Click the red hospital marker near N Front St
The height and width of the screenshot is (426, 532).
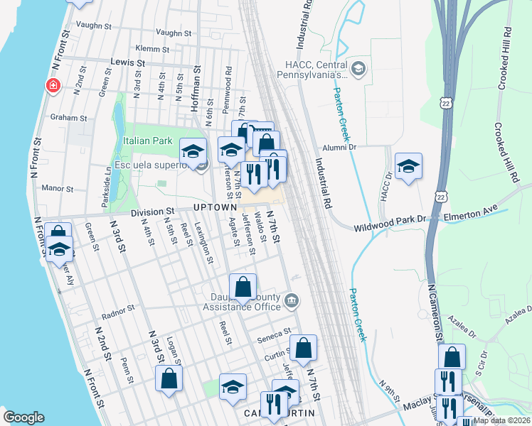(x=52, y=86)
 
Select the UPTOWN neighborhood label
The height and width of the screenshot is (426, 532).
(x=214, y=207)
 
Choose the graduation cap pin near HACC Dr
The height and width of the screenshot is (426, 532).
(x=408, y=166)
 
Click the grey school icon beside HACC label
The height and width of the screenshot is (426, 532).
(x=358, y=68)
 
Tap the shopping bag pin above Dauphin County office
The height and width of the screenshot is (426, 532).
(x=243, y=288)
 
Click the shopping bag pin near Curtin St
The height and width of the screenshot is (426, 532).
(x=303, y=348)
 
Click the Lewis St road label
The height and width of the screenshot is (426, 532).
(x=128, y=62)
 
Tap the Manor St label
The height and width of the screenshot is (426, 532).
(x=58, y=189)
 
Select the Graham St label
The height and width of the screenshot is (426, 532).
(x=68, y=118)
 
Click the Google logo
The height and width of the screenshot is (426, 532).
(x=23, y=417)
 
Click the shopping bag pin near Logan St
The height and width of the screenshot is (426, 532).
(x=170, y=378)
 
